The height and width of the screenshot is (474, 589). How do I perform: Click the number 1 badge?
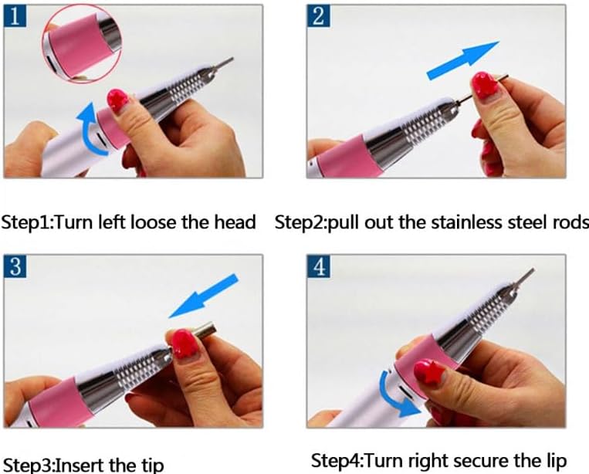15,15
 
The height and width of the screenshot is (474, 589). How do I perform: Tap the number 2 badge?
318,15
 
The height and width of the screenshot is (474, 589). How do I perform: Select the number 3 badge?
15,266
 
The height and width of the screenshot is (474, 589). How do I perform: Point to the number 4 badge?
319,266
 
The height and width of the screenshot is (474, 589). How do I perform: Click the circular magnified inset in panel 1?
82,44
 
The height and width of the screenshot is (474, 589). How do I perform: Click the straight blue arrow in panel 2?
463,60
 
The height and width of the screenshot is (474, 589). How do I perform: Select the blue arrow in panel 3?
204,296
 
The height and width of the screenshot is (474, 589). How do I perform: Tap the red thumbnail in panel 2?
485,85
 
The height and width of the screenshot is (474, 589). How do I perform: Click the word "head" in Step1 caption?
235,222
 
